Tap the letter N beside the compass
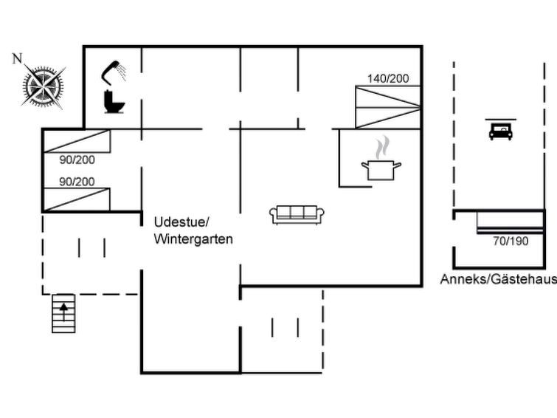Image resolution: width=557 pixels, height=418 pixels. point(17,59)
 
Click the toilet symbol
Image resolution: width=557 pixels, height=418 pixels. point(114,101)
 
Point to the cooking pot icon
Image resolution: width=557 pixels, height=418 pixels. point(381,169)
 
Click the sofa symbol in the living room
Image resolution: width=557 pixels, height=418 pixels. point(297,214)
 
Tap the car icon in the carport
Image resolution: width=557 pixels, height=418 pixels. point(501,131)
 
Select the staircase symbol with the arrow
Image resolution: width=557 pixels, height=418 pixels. point(64,313)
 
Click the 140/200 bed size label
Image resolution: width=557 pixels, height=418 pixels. point(388,78)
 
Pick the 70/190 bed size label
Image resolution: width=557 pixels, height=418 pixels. point(511,241)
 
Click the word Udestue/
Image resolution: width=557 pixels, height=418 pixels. point(182,222)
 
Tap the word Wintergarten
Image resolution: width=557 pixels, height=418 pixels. point(193,239)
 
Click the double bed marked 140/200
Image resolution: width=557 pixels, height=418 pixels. point(388,107)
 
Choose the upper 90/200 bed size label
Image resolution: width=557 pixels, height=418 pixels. point(77,159)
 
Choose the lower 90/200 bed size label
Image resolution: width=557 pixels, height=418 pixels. point(77,181)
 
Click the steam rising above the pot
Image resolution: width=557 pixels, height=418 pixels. point(381,147)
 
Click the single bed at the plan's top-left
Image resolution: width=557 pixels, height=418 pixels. point(77,141)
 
